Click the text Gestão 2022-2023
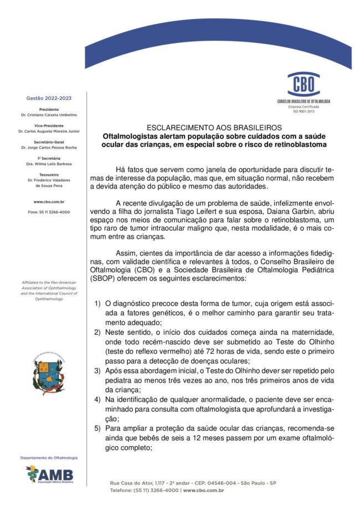49,98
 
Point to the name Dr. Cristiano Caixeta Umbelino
49,115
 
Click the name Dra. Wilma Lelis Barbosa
49,164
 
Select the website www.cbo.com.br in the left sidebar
49,202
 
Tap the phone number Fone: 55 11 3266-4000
49,212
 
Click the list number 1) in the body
97,304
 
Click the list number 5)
97,429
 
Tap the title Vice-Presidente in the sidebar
49,126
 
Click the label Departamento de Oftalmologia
49,458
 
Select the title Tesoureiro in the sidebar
49,175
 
